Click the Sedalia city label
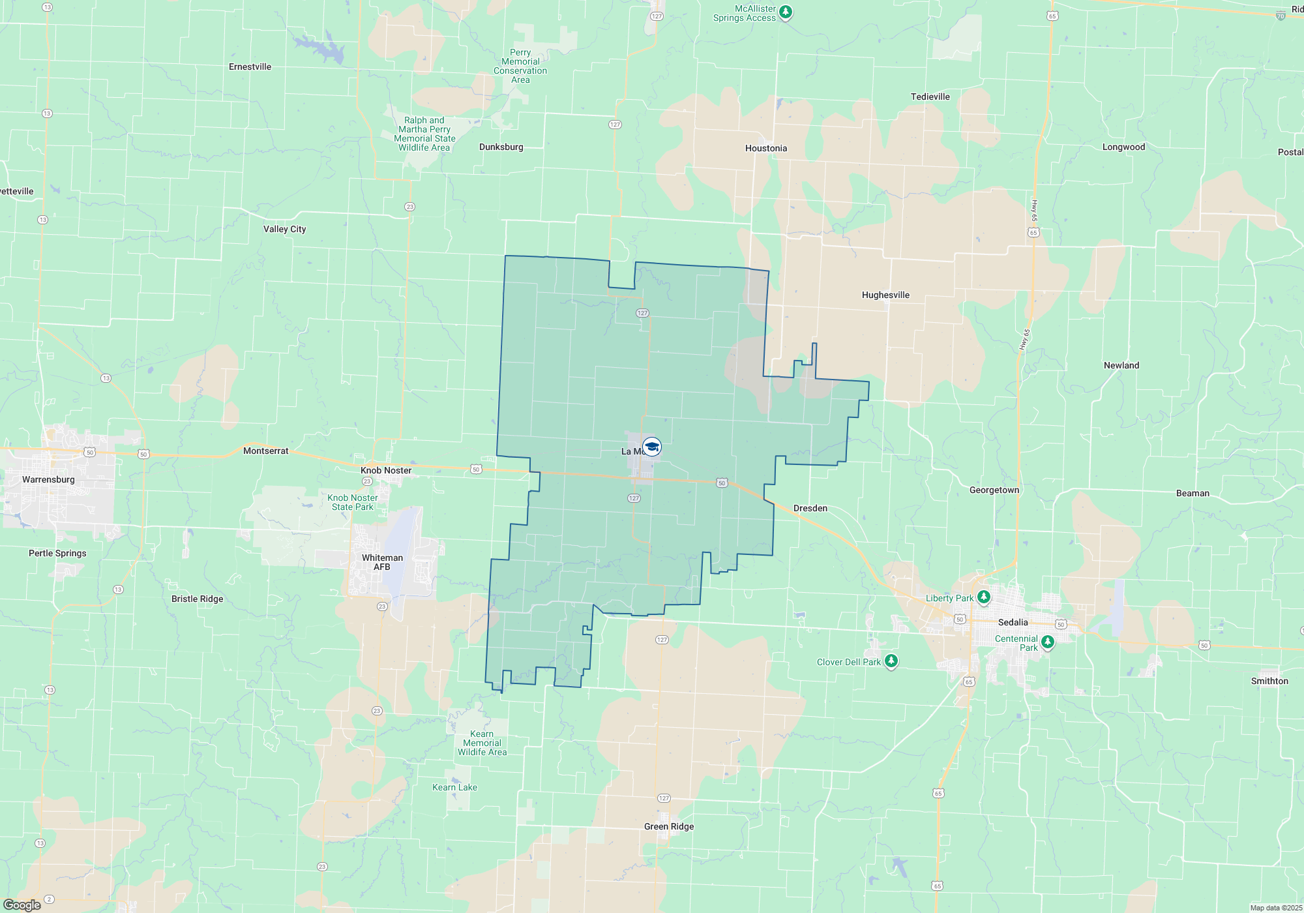pos(1013,622)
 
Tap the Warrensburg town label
pos(48,479)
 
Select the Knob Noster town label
pos(386,470)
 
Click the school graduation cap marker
pos(652,447)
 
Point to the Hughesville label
pos(885,295)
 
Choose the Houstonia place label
pos(766,148)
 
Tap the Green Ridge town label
pos(669,826)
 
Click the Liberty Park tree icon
pos(984,597)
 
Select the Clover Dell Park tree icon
pos(891,661)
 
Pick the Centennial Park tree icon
pos(1048,642)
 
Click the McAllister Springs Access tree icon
pos(786,12)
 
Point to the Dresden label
pos(810,508)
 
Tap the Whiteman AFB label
pos(382,562)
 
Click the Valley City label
pos(284,229)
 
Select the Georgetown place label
pos(994,490)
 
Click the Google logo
pos(22,905)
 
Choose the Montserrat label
pos(265,451)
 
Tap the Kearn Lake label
pos(454,787)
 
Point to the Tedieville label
pos(930,97)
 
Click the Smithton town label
pos(1269,681)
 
